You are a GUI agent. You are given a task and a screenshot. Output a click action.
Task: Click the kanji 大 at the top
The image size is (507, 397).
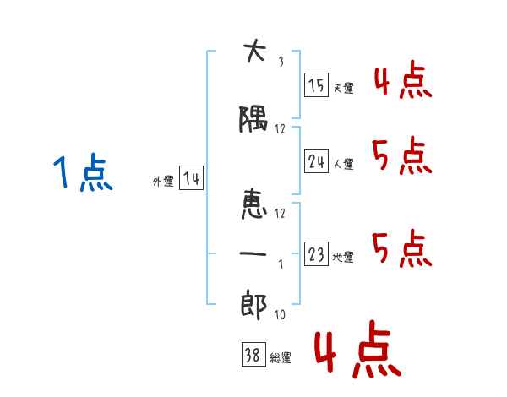(x=255, y=50)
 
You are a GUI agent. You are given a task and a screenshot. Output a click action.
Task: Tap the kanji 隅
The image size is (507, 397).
(x=253, y=119)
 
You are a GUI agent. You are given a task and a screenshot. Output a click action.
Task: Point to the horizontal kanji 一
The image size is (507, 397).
(x=253, y=253)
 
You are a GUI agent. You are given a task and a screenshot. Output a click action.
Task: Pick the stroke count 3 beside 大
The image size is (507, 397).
(x=281, y=62)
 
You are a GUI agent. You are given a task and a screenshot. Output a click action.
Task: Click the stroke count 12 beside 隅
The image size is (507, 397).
(x=280, y=129)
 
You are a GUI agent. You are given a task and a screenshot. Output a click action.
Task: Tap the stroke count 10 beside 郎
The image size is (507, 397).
(x=280, y=314)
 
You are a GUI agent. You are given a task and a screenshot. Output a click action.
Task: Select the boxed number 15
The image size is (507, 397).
(x=316, y=84)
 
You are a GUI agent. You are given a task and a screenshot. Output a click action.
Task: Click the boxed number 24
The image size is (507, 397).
(x=316, y=160)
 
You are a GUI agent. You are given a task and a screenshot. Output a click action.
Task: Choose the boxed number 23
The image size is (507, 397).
(x=316, y=253)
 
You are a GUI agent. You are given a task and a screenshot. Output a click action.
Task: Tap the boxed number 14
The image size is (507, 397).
(x=191, y=178)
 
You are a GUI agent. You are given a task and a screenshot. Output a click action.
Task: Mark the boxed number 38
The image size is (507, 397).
(x=253, y=354)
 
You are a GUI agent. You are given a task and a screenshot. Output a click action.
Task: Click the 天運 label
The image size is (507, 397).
(x=344, y=88)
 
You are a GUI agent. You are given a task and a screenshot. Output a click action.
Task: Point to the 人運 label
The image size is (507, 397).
(x=344, y=164)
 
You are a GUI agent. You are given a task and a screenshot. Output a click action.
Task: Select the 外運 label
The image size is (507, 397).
(x=163, y=181)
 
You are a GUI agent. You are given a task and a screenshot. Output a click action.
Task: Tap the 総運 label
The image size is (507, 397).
(x=281, y=357)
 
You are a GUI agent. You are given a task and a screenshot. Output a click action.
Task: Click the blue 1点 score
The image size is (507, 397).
(x=83, y=171)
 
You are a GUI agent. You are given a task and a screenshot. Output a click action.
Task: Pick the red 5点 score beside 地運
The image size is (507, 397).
(x=402, y=248)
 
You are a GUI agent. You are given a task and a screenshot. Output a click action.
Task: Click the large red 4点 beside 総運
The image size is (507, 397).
(x=358, y=349)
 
